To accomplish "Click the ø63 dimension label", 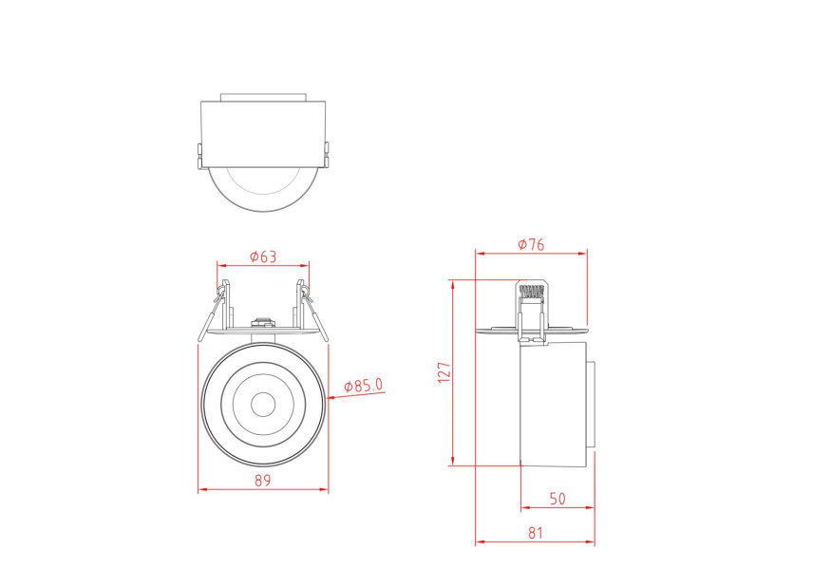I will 262,256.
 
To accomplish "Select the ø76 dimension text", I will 531,244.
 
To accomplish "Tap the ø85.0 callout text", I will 364,386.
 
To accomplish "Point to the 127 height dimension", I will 443,371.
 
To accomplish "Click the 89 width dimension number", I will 262,481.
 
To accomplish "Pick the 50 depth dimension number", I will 557,498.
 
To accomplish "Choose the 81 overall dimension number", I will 535,533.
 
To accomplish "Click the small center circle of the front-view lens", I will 262,404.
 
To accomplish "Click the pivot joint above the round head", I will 262,323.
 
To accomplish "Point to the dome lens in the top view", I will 263,188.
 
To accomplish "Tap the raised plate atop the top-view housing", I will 263,96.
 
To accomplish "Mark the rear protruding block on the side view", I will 590,405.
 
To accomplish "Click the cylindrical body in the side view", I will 553,404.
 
